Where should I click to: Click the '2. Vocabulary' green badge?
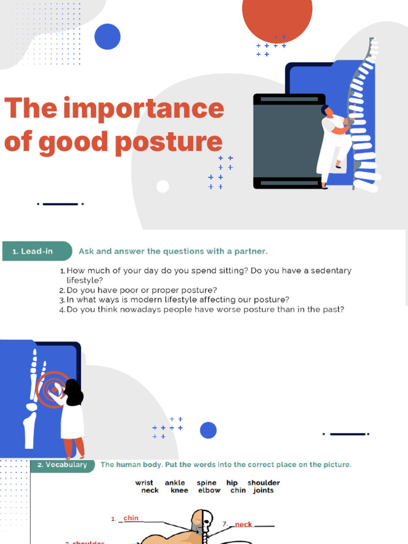[62, 465]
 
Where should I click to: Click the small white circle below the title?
[163, 186]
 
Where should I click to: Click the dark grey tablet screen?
[287, 141]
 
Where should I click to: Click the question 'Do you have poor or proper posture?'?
[141, 290]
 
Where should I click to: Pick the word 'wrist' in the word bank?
[144, 483]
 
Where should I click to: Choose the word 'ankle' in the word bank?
[175, 483]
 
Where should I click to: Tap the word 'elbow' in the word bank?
[209, 490]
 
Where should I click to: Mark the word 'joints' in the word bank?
[263, 490]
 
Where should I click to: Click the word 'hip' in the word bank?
[232, 483]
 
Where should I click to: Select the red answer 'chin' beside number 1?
[131, 518]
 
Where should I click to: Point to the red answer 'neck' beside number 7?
[243, 524]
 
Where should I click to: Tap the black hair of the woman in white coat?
[74, 392]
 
